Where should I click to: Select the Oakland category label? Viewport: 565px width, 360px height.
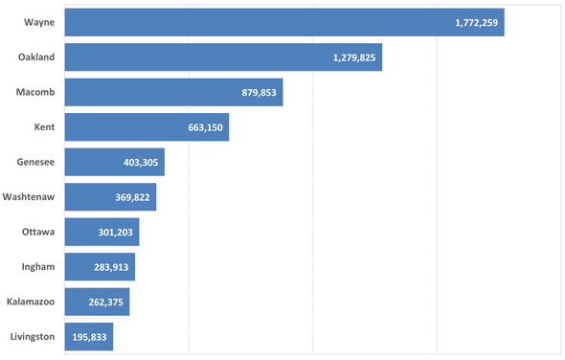(x=36, y=57)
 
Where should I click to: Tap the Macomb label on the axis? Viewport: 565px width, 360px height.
(x=35, y=92)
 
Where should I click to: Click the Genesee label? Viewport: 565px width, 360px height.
(x=35, y=162)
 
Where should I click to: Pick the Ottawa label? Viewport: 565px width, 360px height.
(x=38, y=232)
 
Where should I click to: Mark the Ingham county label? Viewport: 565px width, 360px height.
(x=37, y=267)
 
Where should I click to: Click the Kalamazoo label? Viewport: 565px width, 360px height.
(x=30, y=302)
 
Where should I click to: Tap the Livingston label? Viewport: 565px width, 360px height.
(x=32, y=337)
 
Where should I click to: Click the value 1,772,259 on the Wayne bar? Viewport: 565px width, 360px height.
(x=476, y=22)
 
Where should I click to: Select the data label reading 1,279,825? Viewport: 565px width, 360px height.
(x=354, y=57)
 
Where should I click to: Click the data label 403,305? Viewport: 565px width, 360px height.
(x=141, y=162)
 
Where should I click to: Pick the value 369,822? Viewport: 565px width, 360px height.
(x=132, y=197)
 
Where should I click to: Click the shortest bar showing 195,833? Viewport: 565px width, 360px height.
(x=89, y=337)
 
